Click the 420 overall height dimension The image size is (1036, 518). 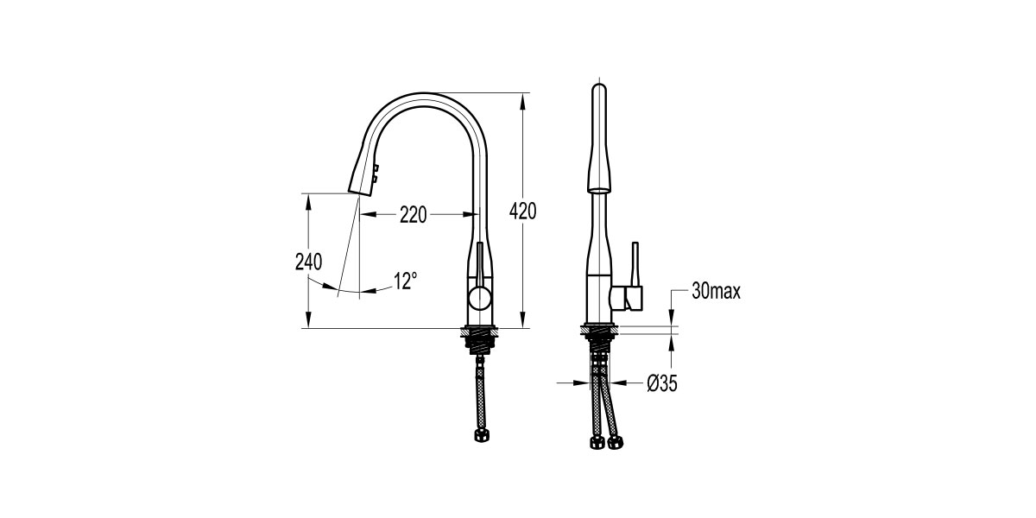[x=523, y=211]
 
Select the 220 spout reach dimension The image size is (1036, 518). [x=413, y=215]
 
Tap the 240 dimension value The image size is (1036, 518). [x=308, y=262]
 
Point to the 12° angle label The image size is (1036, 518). [x=406, y=281]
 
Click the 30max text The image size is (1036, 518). [x=716, y=292]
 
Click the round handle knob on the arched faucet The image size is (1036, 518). [x=478, y=300]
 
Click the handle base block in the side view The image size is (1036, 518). [x=626, y=299]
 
